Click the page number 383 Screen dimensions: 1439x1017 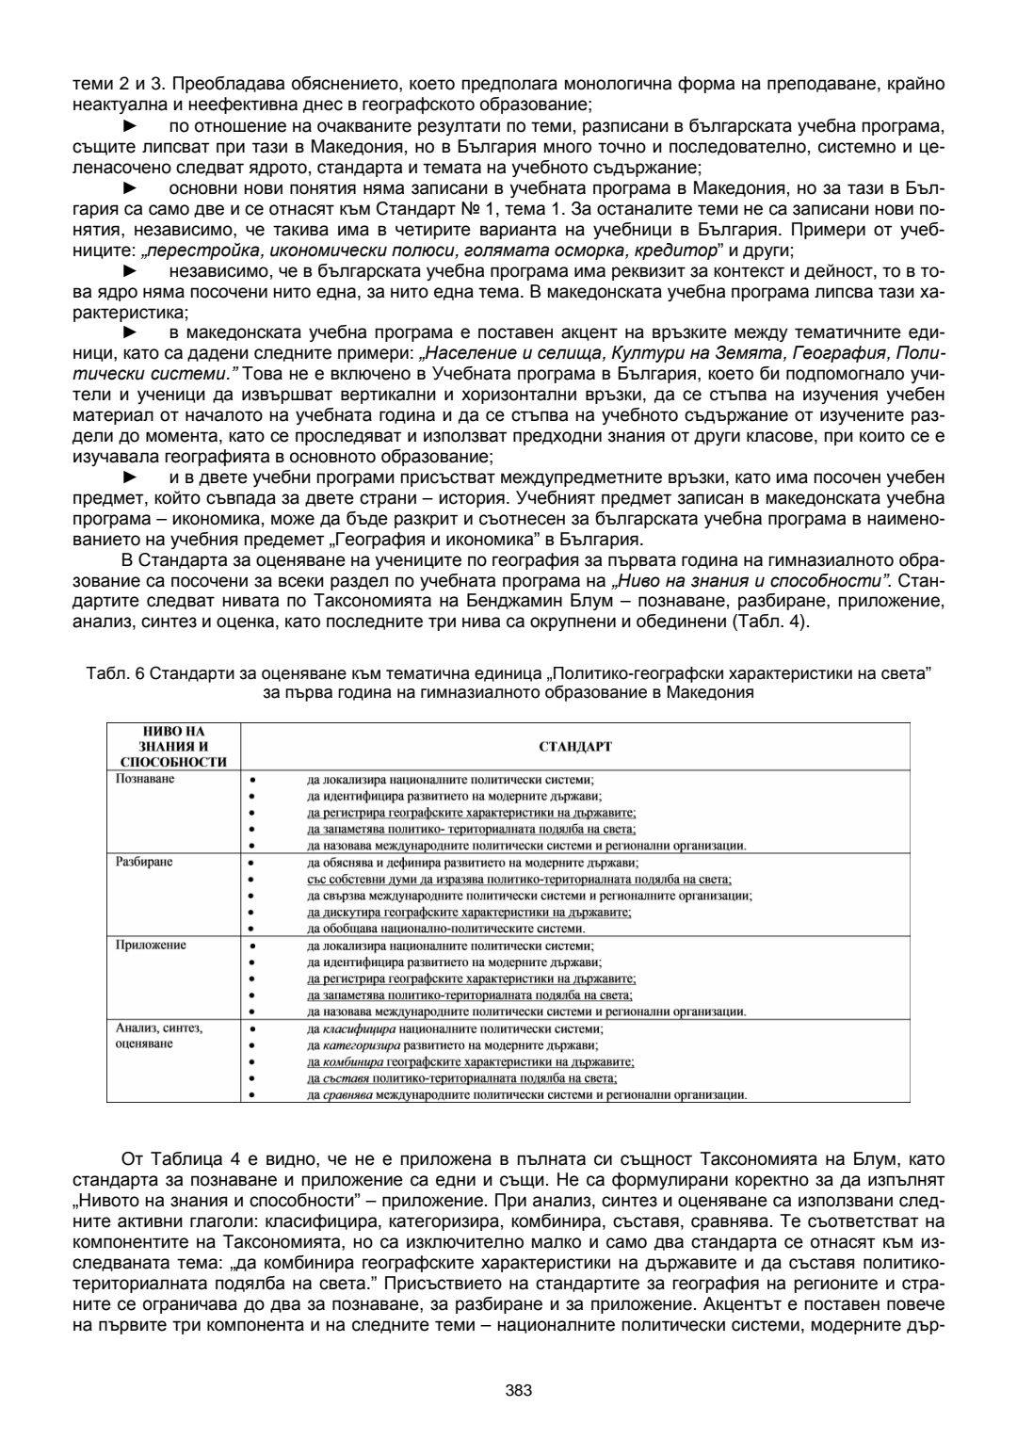(x=518, y=1390)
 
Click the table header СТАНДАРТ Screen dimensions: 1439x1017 (x=575, y=747)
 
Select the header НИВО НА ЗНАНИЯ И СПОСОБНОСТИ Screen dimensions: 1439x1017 (x=173, y=747)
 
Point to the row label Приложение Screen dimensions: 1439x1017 (x=151, y=945)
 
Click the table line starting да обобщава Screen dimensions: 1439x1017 (x=446, y=928)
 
